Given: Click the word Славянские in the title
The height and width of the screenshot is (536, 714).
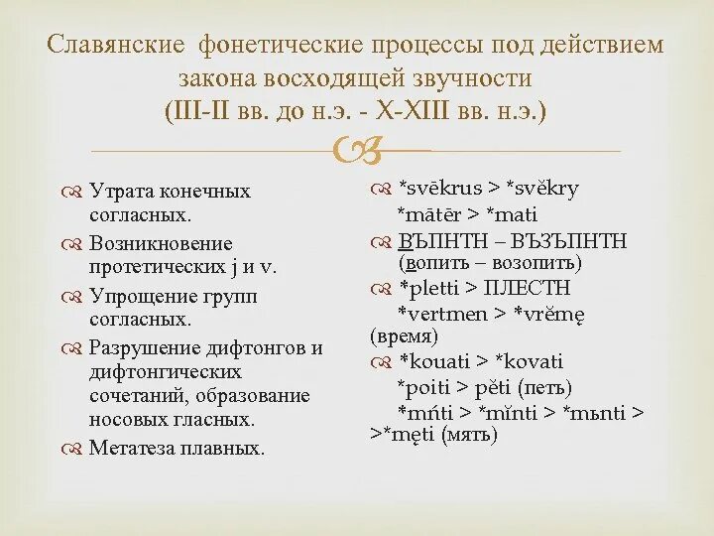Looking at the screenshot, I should pyautogui.click(x=115, y=46).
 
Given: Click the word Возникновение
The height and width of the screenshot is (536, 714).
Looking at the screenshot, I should pyautogui.click(x=161, y=243).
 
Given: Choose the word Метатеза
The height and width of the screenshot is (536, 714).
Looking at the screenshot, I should pyautogui.click(x=131, y=448).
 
